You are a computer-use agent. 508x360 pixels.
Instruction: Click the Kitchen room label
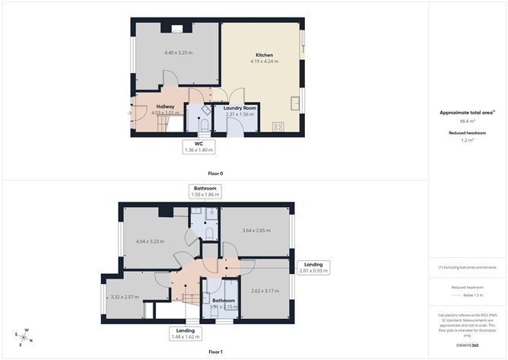(x=264, y=56)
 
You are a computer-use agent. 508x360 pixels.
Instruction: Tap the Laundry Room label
(x=240, y=109)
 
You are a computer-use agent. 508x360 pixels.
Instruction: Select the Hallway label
(x=165, y=107)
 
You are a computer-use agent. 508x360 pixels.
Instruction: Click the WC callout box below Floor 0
(x=198, y=146)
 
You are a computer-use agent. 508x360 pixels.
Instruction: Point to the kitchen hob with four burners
(x=278, y=127)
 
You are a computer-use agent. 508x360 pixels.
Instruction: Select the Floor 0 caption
(x=215, y=174)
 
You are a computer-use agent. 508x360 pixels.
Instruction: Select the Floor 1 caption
(x=215, y=352)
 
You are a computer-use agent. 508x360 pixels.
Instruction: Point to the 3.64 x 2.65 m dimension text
(x=256, y=230)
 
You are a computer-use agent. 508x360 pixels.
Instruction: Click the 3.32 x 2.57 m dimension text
(x=125, y=296)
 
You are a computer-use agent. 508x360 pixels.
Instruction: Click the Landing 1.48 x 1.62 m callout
(x=186, y=333)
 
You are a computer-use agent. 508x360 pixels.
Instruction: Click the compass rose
(x=24, y=336)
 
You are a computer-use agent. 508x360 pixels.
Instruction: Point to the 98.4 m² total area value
(x=467, y=121)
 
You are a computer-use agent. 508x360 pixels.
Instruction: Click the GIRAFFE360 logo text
(x=467, y=345)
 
